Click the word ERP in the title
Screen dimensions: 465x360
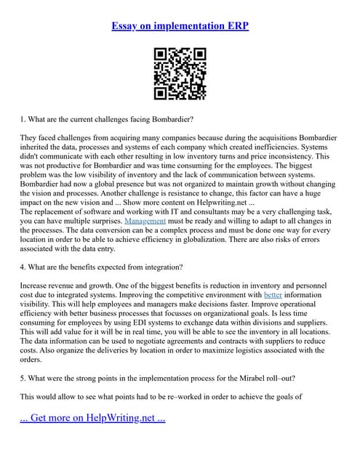236,26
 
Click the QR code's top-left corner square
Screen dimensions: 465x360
161,54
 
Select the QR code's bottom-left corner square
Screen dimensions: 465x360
161,93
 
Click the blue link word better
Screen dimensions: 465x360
273,295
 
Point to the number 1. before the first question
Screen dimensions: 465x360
23,118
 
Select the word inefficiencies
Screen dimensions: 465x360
281,146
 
